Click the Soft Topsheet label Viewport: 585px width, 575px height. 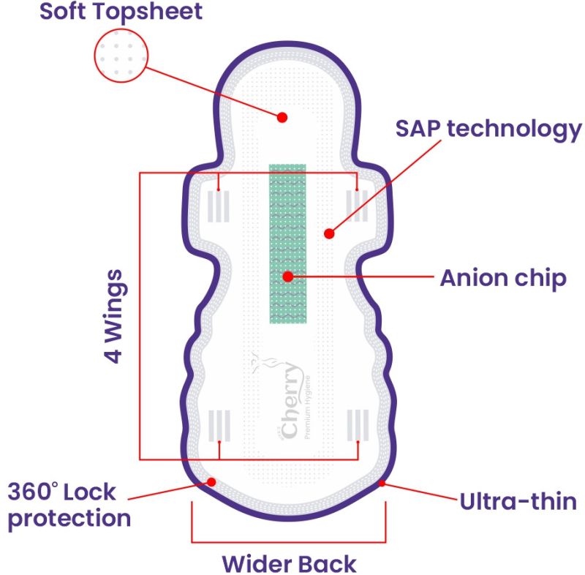(x=121, y=12)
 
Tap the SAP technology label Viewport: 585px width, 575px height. (x=488, y=129)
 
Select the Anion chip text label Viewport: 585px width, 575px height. (x=502, y=278)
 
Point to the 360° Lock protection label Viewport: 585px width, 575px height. (x=69, y=505)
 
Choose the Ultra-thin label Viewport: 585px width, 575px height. (x=518, y=502)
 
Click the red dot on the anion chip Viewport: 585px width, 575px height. (x=288, y=277)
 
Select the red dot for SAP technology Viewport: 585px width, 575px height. (x=329, y=234)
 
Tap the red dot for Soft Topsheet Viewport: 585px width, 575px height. (x=282, y=117)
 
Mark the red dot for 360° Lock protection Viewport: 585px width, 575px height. (x=211, y=481)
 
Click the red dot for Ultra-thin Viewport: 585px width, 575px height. (x=382, y=483)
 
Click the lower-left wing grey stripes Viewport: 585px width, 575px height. (x=219, y=424)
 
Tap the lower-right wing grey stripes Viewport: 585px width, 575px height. (x=357, y=424)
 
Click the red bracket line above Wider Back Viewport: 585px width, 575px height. (x=289, y=542)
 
